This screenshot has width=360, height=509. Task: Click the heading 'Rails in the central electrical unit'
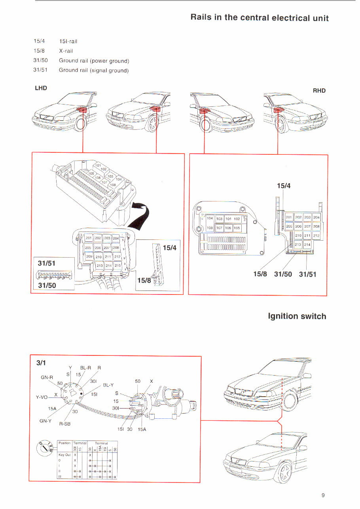[260, 18]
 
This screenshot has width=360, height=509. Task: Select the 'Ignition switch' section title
[297, 316]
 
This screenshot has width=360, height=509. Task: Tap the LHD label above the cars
[41, 88]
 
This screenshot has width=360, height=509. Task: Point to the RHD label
[319, 91]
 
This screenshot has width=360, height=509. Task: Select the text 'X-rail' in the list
[66, 51]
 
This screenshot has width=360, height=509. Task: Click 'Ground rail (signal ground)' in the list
[94, 70]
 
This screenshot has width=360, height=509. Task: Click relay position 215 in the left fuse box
[117, 266]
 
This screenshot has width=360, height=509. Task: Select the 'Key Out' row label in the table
[64, 456]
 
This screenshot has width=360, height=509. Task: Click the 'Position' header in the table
[64, 443]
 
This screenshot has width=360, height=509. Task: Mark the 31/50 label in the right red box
[283, 274]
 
